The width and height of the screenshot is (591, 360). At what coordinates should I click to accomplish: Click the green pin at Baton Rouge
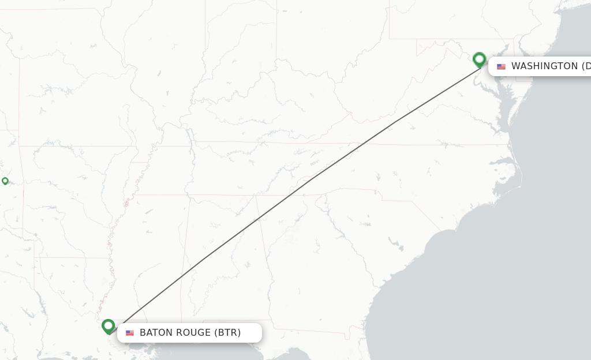coord(108,326)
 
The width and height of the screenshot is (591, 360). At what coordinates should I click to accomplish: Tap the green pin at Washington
coord(479,59)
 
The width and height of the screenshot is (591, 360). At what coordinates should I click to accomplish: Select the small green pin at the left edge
coord(5,181)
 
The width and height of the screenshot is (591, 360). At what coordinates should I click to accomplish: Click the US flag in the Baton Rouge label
coord(130,333)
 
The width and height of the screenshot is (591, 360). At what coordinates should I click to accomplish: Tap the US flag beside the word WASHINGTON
coord(501,66)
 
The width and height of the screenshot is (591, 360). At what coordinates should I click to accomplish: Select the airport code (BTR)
coord(227,333)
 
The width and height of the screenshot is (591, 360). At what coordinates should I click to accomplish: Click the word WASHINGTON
coord(544,66)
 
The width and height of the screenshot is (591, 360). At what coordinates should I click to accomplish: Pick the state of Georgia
coord(323,260)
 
